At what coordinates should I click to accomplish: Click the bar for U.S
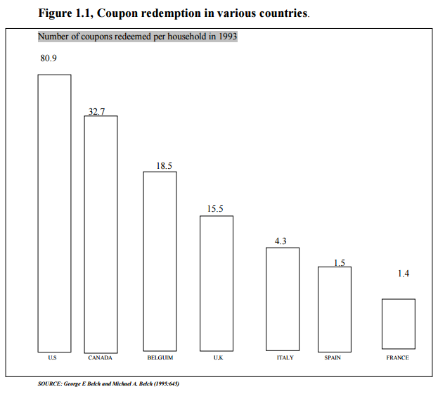54,212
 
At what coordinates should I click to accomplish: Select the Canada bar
101,234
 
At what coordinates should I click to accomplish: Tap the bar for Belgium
160,260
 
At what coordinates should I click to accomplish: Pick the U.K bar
217,283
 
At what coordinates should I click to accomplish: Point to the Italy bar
282,298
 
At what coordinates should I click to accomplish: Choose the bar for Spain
334,308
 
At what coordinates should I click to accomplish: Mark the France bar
398,324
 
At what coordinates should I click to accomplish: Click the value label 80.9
49,58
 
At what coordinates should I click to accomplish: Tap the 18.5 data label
164,166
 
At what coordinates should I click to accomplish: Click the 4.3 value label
281,241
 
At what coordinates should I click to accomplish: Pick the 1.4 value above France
403,273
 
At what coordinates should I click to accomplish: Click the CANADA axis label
100,358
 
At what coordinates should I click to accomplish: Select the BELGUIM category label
160,358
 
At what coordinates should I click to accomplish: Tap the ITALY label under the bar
285,358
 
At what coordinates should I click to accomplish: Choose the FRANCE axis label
397,358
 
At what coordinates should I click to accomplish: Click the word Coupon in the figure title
123,13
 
